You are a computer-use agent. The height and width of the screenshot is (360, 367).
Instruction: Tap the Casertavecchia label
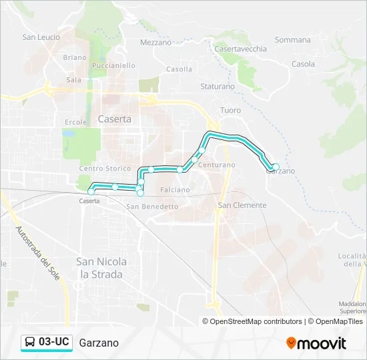pyautogui.click(x=240, y=49)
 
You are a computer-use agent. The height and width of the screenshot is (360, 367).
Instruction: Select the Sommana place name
pyautogui.click(x=292, y=40)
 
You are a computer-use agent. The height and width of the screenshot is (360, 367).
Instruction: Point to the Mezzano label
pyautogui.click(x=155, y=43)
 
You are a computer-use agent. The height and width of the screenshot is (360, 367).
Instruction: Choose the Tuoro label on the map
pyautogui.click(x=230, y=110)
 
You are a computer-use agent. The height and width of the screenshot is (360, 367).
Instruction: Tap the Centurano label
pyautogui.click(x=216, y=164)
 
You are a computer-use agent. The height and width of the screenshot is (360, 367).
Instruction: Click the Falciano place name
pyautogui.click(x=175, y=190)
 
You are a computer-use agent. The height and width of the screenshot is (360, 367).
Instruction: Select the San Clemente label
pyautogui.click(x=242, y=205)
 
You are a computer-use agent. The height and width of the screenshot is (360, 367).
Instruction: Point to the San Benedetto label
pyautogui.click(x=152, y=207)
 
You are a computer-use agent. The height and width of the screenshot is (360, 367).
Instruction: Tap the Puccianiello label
pyautogui.click(x=114, y=65)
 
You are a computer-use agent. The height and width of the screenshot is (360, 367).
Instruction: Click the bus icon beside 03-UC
pyautogui.click(x=30, y=343)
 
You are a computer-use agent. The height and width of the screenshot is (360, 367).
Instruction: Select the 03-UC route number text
pyautogui.click(x=54, y=343)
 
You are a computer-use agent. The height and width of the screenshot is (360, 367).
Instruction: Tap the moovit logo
pyautogui.click(x=316, y=343)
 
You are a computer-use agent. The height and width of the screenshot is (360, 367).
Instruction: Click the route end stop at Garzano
pyautogui.click(x=275, y=167)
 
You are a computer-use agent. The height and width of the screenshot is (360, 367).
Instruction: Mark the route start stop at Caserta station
pyautogui.click(x=91, y=192)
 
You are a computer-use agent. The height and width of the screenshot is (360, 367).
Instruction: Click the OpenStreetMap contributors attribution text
pyautogui.click(x=256, y=321)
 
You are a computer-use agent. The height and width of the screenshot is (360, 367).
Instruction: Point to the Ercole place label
pyautogui.click(x=75, y=122)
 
